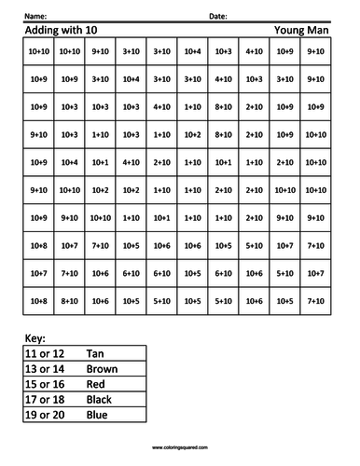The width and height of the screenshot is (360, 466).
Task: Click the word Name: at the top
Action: click(35, 17)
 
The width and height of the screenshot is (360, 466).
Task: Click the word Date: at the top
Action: click(217, 17)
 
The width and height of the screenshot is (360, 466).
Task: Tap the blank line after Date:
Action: click(280, 19)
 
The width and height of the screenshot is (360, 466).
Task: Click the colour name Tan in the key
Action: click(94, 354)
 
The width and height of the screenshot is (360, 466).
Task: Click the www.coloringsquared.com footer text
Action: click(180, 447)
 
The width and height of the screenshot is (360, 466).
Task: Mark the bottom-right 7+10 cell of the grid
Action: click(315, 301)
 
